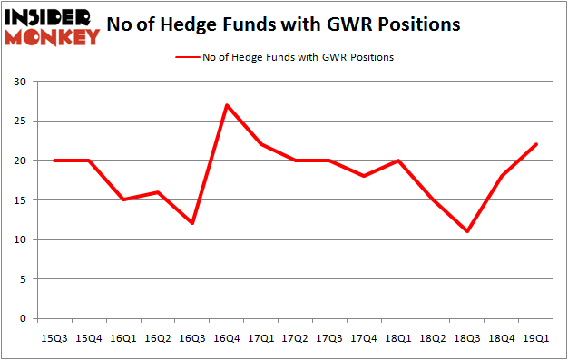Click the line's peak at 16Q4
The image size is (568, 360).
pos(227,105)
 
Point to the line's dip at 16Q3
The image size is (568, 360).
pos(192,224)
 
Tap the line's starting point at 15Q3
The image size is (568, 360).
pos(54,161)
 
